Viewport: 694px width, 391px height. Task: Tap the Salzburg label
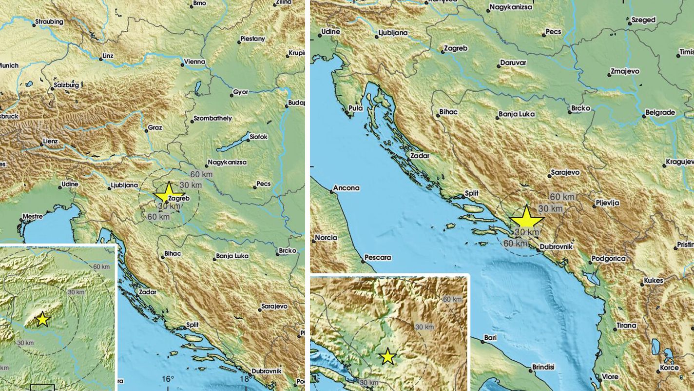tap(67, 85)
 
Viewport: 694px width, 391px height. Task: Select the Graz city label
tap(155, 128)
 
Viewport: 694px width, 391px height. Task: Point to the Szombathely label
tap(212, 118)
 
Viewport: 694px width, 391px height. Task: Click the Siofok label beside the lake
tap(258, 137)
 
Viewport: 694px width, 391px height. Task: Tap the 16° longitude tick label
tap(168, 378)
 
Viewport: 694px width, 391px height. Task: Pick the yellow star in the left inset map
tap(42, 319)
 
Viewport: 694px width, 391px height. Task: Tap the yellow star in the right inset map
tap(387, 356)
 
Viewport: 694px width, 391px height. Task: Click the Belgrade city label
tap(660, 113)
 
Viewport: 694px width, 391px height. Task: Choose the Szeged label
tap(643, 20)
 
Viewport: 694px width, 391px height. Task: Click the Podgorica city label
tap(608, 259)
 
